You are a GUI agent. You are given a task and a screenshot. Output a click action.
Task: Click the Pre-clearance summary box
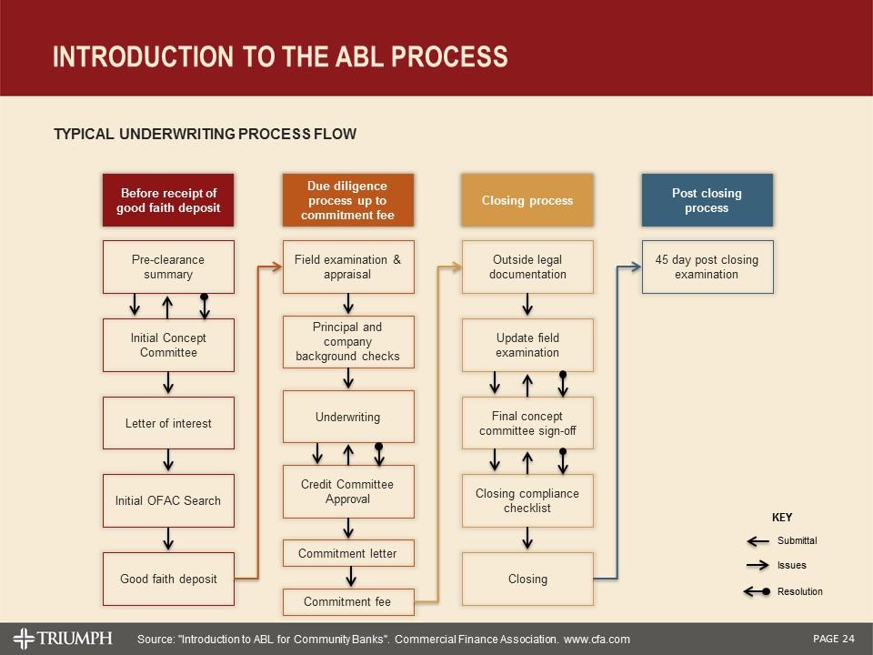coord(168,267)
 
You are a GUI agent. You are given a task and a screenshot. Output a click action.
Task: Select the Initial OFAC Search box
coord(168,500)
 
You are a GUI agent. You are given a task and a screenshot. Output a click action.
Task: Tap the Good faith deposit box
coord(168,579)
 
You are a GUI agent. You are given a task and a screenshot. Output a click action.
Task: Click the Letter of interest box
coord(168,423)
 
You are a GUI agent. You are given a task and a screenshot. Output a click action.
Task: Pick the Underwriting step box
coord(348,417)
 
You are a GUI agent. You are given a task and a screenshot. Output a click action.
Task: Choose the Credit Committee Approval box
coord(348,491)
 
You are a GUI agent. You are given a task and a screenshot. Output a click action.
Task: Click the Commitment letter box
coord(348,553)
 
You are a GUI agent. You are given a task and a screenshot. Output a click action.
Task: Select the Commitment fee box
coord(348,601)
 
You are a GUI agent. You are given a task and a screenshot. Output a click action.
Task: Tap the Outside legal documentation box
coord(527,267)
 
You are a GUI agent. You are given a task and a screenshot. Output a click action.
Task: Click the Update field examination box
coord(527,345)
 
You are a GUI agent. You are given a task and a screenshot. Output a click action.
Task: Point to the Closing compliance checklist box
coord(527,500)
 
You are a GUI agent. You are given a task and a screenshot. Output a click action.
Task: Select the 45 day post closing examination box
coord(707,267)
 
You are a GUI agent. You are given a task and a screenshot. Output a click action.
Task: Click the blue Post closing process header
coord(707,200)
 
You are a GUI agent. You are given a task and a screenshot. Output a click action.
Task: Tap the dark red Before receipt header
coord(168,200)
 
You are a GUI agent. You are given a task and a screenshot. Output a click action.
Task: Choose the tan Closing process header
coord(527,200)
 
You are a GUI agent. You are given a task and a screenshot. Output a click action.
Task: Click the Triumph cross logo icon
coord(24,638)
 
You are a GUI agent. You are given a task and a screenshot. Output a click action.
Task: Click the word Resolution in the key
coord(799,591)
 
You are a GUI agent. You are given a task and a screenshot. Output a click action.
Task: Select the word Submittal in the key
coord(797,540)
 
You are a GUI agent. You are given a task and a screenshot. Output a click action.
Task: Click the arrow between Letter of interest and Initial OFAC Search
coord(168,461)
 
